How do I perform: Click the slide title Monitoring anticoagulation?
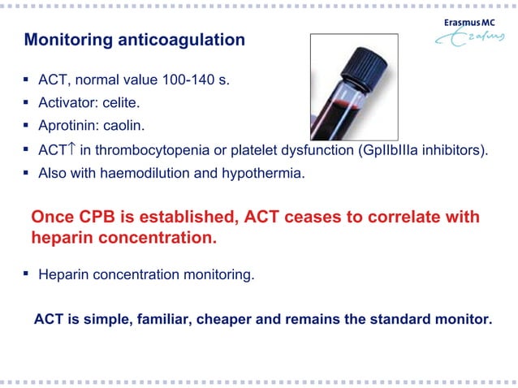coord(134,40)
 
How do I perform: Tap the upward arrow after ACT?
coord(72,149)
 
